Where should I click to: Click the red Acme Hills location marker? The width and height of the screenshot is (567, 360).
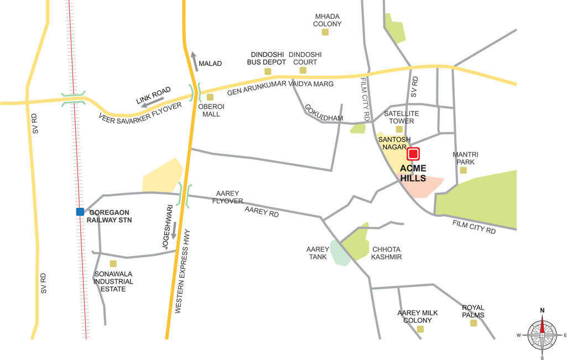(413, 154)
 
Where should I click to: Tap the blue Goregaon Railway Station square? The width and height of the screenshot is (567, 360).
(80, 211)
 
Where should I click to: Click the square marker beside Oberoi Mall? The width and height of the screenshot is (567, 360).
(210, 97)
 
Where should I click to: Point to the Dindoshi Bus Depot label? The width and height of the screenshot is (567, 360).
(267, 58)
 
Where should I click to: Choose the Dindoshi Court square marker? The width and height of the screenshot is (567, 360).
(303, 70)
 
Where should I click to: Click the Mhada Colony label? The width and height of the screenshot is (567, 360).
(327, 20)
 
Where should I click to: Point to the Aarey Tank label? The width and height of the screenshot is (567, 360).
(318, 253)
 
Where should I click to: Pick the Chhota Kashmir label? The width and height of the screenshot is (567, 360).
(386, 253)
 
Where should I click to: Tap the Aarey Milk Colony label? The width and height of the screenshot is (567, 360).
(418, 316)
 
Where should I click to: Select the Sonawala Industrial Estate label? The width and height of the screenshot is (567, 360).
(114, 281)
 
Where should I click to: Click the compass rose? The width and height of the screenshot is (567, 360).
(542, 335)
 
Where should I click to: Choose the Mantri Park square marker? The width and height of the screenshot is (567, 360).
(464, 170)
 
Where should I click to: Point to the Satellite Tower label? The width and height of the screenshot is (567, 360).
(402, 117)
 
